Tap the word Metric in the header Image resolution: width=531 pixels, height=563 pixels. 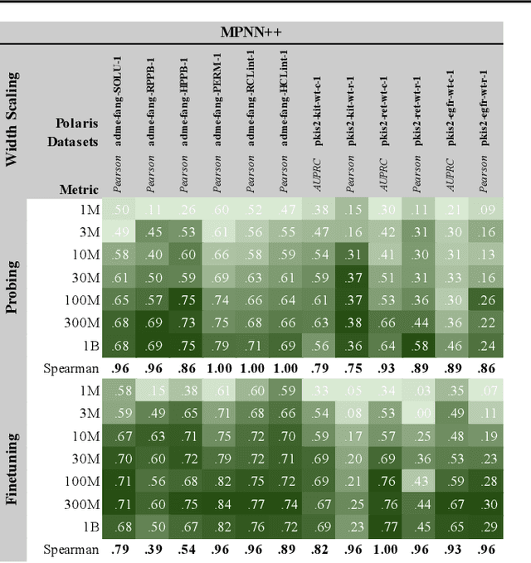tap(78, 189)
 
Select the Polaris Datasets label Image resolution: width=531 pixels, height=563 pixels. tap(76, 133)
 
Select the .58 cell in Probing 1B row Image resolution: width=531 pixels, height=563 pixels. tap(420, 345)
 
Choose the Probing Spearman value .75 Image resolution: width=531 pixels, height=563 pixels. tap(353, 368)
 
